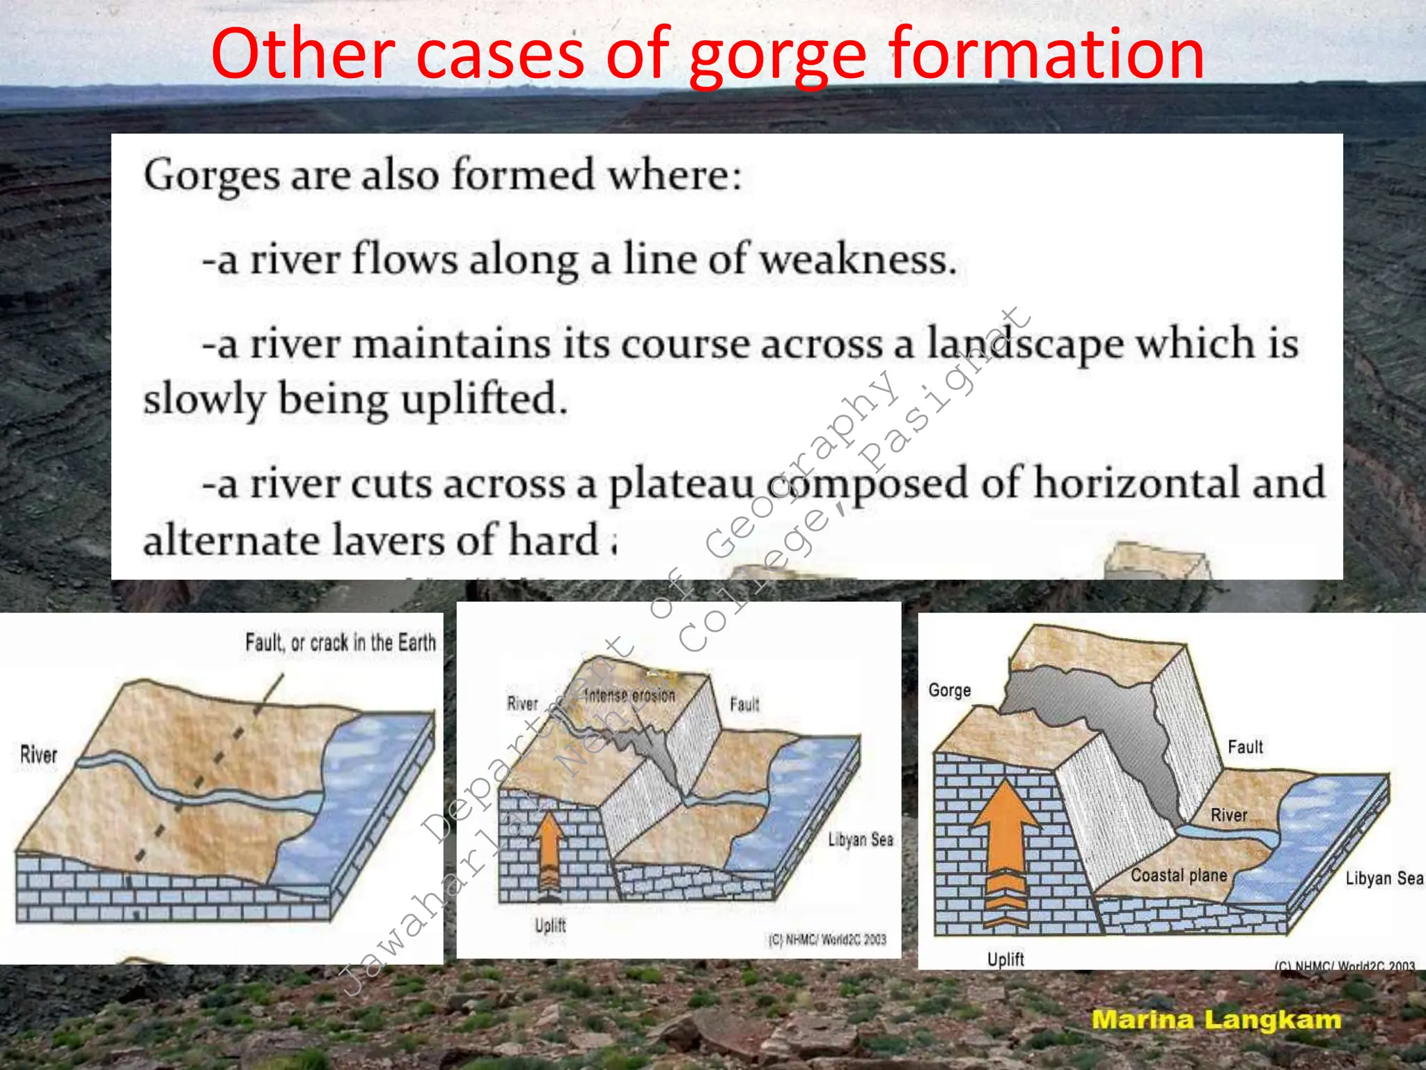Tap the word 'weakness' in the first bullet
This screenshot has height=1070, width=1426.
[x=857, y=259]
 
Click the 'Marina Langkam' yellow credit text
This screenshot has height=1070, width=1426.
[x=1216, y=1020]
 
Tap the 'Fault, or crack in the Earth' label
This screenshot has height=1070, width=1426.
[x=340, y=642]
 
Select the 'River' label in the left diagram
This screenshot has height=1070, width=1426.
[x=38, y=754]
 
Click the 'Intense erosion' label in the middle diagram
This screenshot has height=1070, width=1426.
[x=629, y=695]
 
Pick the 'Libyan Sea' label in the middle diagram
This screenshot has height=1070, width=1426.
[x=861, y=839]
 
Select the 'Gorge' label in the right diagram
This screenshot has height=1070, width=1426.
[x=950, y=690]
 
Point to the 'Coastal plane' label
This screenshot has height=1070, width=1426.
[x=1179, y=876]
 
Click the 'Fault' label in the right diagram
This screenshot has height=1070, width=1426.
[x=1245, y=747]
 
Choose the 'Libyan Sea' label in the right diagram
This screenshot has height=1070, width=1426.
[x=1384, y=878]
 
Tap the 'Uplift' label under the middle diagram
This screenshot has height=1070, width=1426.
[x=550, y=926]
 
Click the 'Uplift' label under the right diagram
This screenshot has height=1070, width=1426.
[x=1005, y=959]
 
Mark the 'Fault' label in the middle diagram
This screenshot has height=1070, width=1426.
[x=744, y=705]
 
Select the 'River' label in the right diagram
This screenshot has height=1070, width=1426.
[x=1229, y=815]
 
